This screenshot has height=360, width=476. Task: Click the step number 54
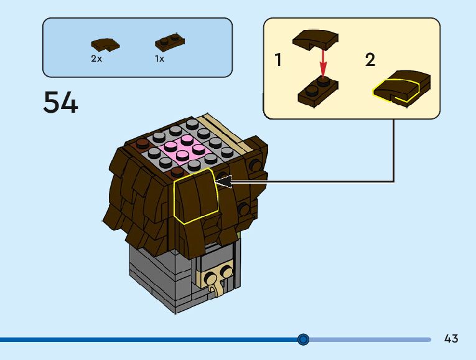(60, 103)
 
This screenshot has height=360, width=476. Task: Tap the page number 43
(451, 339)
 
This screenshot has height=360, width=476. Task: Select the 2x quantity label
(96, 59)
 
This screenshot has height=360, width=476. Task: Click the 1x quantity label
(160, 59)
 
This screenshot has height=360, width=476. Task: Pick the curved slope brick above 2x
(105, 44)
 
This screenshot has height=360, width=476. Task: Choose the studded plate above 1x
(169, 42)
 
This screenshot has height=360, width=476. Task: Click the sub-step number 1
(278, 60)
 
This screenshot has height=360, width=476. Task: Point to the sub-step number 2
(370, 60)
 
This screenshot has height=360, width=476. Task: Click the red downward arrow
(323, 63)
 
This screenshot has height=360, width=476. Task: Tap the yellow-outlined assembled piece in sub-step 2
(401, 86)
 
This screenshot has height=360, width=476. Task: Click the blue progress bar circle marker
(303, 339)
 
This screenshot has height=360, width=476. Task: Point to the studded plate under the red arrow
(318, 91)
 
